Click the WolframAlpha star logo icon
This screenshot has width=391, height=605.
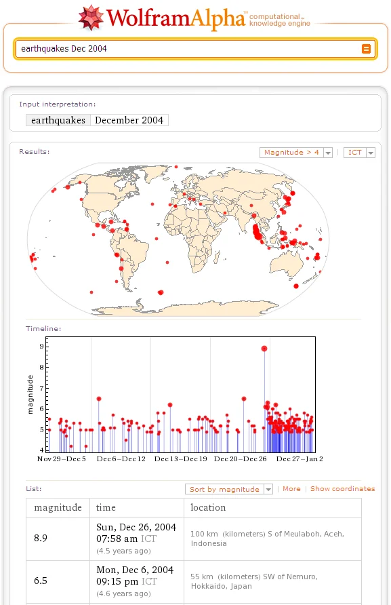pos(91,18)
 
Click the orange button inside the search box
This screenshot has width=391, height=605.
pos(366,49)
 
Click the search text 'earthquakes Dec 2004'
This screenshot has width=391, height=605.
pos(64,49)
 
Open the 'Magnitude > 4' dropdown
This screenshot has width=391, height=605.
pos(295,153)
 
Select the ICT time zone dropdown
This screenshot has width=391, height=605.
pos(359,153)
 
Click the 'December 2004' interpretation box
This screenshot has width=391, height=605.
pos(129,120)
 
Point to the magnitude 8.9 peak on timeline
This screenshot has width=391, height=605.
pos(264,349)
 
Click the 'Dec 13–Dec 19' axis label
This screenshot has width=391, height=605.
pos(180,458)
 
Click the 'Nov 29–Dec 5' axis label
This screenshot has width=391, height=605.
pos(61,458)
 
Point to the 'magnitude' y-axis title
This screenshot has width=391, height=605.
pos(30,394)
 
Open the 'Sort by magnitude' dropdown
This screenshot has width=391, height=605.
pos(229,489)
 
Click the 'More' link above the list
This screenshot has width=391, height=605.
pos(291,489)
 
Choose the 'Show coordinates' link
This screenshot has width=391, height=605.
pos(342,489)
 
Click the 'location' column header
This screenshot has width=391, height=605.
pos(208,507)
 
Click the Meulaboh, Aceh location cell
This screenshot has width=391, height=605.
pos(272,539)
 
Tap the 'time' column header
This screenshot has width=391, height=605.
pos(106,507)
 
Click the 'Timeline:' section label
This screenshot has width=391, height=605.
pos(43,329)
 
